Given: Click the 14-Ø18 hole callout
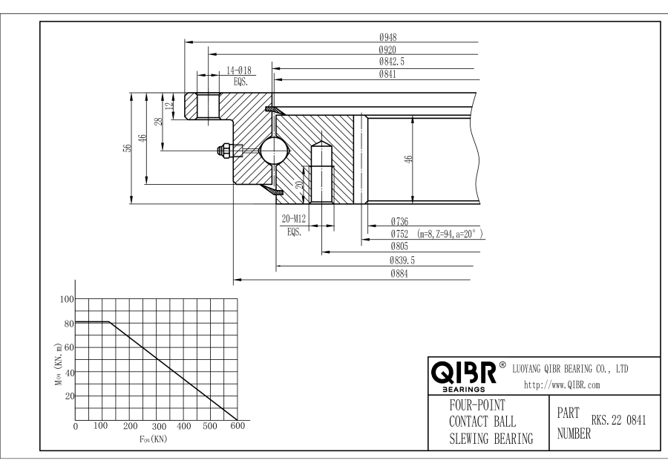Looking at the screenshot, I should [238, 71].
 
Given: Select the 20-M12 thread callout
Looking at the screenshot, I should [295, 220].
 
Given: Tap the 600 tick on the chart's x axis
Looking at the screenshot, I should [237, 427].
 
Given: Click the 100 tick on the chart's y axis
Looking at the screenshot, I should [66, 299].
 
